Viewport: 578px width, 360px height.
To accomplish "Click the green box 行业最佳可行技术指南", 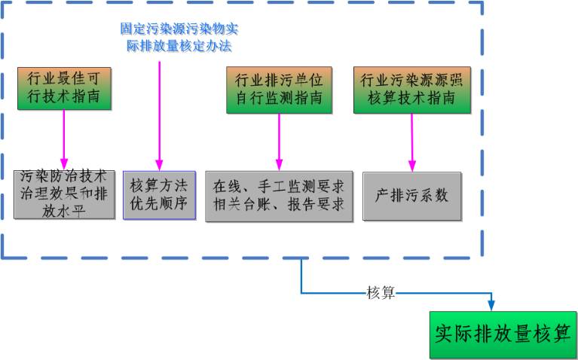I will [64, 89].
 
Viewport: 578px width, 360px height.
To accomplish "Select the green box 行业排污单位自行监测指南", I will [279, 89].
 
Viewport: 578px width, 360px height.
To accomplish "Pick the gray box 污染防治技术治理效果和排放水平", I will [64, 194].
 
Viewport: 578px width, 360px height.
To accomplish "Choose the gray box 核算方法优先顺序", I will [159, 194].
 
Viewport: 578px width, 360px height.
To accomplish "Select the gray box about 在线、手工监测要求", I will [279, 194].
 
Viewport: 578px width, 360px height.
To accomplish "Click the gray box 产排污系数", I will [411, 194].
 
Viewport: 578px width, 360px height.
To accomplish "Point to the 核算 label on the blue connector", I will [381, 292].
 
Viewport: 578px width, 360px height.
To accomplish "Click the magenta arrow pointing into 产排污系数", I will [411, 143].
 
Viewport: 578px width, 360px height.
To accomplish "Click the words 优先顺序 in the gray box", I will [159, 203].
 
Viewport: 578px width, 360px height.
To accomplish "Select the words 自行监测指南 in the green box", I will [279, 98].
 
